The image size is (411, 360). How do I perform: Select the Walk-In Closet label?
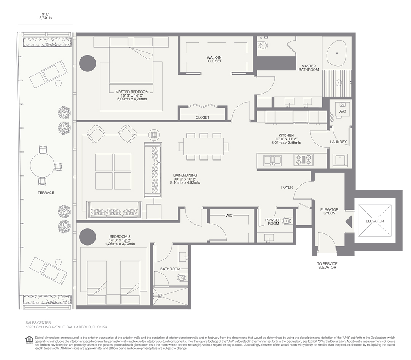[214, 59]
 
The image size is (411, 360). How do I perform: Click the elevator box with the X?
[374, 221]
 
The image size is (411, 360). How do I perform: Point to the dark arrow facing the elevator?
[349, 222]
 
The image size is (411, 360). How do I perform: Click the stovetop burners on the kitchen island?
[303, 159]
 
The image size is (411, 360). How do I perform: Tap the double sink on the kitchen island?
[272, 160]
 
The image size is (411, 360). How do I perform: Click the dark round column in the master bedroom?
[88, 63]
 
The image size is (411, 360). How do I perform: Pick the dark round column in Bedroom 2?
[88, 237]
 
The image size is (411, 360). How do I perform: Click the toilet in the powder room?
[287, 221]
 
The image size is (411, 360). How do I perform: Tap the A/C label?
[342, 111]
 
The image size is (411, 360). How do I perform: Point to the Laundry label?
[338, 142]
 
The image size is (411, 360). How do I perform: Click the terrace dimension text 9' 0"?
[46, 14]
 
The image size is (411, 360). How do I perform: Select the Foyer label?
[287, 187]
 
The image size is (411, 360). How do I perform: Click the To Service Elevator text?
[327, 265]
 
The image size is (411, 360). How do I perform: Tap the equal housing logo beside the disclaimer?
[28, 340]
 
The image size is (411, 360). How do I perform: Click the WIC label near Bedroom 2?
[229, 216]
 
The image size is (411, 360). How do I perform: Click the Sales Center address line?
[66, 327]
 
